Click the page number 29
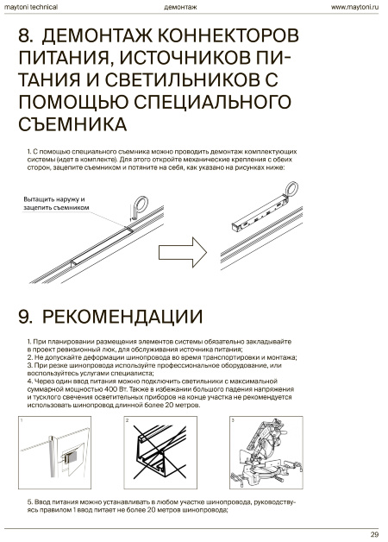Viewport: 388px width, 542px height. tap(374, 535)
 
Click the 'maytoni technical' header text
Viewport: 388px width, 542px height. tap(31, 7)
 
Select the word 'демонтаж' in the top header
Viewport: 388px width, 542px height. tap(180, 7)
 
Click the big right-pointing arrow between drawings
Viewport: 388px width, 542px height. tap(183, 252)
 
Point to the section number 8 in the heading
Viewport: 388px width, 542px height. tap(26, 35)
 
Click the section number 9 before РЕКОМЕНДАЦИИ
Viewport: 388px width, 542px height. tap(26, 317)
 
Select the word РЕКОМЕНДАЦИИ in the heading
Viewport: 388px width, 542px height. tap(122, 317)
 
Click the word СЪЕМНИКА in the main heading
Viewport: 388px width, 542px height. tap(72, 123)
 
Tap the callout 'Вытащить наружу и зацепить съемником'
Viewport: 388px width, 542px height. tap(56, 204)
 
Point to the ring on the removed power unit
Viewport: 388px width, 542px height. tap(290, 188)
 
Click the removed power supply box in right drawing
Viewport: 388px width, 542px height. tap(259, 214)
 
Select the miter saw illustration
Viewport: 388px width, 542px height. tap(266, 452)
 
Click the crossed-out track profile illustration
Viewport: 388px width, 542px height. tap(160, 452)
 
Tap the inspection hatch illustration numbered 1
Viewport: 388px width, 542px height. tap(54, 452)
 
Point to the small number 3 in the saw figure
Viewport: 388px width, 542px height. tap(233, 420)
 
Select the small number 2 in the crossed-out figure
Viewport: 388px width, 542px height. tap(127, 420)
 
